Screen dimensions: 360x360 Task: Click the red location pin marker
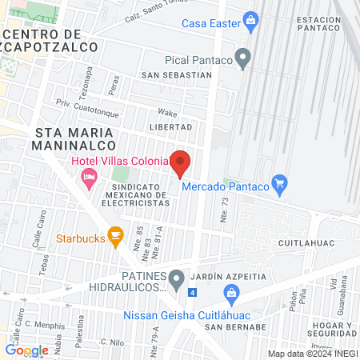[180, 163]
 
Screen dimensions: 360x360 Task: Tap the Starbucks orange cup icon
[115, 236]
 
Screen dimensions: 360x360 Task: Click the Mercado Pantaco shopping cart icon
[279, 185]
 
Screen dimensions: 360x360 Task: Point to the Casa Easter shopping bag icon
[250, 19]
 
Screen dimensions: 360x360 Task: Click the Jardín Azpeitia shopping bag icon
[230, 293]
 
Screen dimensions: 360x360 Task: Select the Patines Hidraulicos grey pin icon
[177, 279]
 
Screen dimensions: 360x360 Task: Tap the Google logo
[26, 350]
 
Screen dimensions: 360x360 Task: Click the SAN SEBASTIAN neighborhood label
[176, 75]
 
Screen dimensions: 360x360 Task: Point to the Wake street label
[167, 113]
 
